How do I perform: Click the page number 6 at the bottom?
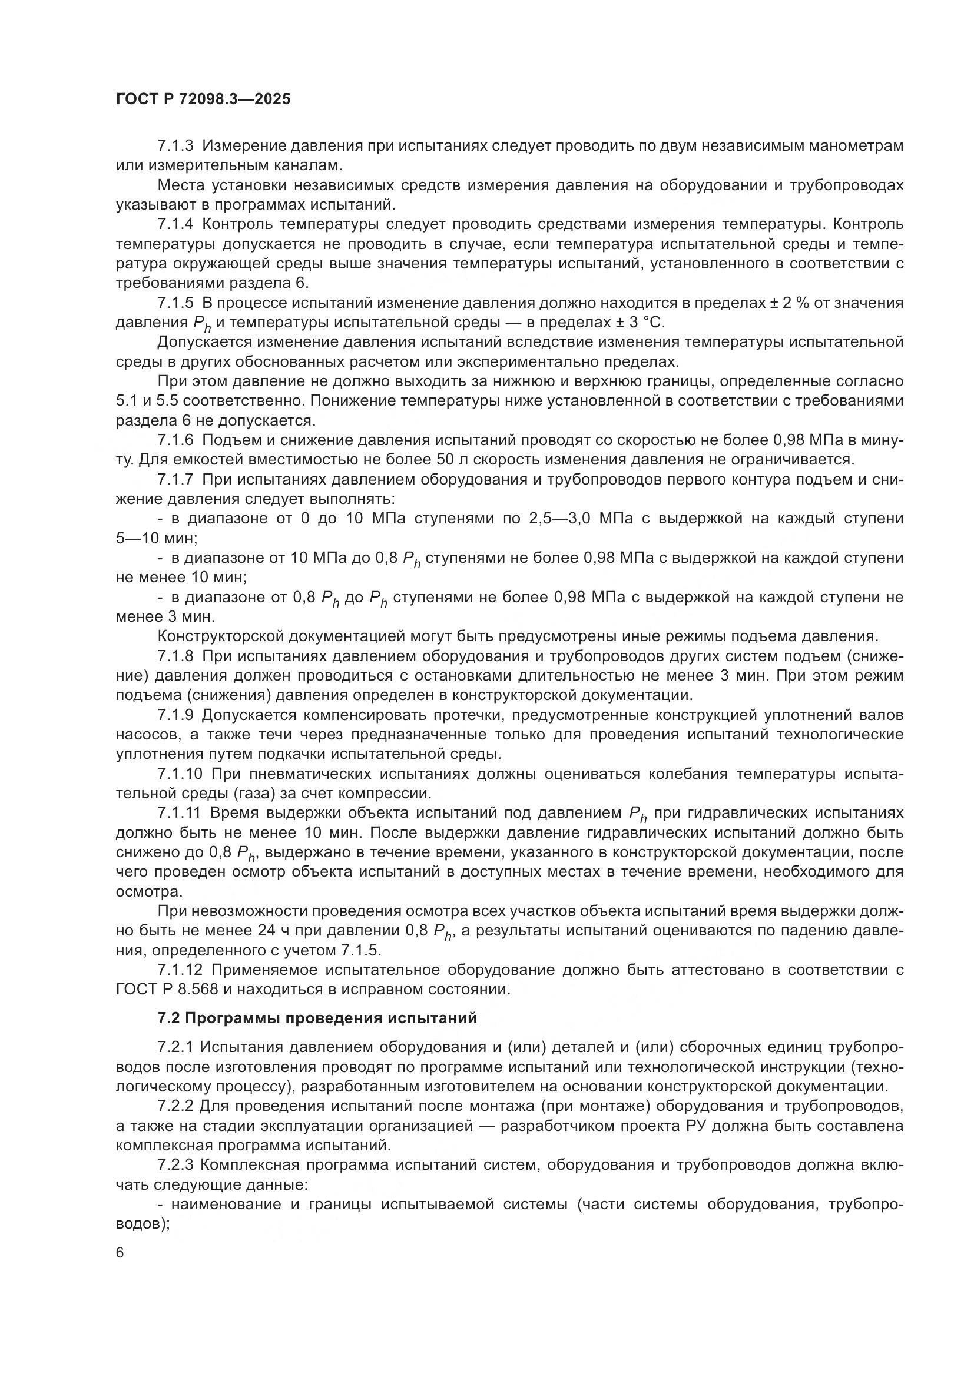point(121,1253)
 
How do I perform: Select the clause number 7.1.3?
point(175,145)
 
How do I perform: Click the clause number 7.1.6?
point(175,440)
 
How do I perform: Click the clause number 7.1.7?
point(175,480)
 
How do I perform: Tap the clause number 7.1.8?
point(175,656)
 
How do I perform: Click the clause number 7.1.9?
point(175,715)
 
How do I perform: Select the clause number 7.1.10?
point(180,774)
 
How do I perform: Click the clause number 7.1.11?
point(180,813)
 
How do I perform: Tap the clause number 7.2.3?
point(175,1164)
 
